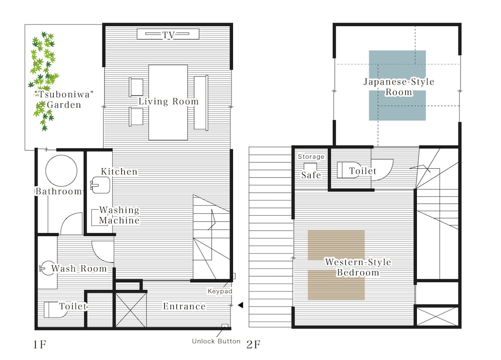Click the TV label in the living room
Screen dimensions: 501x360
[x=168, y=35]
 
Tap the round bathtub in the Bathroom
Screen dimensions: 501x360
[x=61, y=171]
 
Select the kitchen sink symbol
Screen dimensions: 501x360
[x=100, y=185]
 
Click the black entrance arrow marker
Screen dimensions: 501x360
[x=240, y=305]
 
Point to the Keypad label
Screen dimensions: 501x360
[x=220, y=291]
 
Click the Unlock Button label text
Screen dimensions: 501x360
[x=216, y=341]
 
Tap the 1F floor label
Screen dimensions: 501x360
[x=40, y=344]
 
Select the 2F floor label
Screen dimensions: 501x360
[x=254, y=344]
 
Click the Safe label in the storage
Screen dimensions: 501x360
[x=311, y=175]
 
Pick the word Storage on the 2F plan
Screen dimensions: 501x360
[x=311, y=157]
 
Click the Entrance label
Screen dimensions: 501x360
[x=184, y=306]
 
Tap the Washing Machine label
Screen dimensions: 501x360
[x=119, y=215]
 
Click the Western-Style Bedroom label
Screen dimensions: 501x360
[x=358, y=267]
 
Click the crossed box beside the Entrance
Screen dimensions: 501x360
[x=130, y=309]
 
